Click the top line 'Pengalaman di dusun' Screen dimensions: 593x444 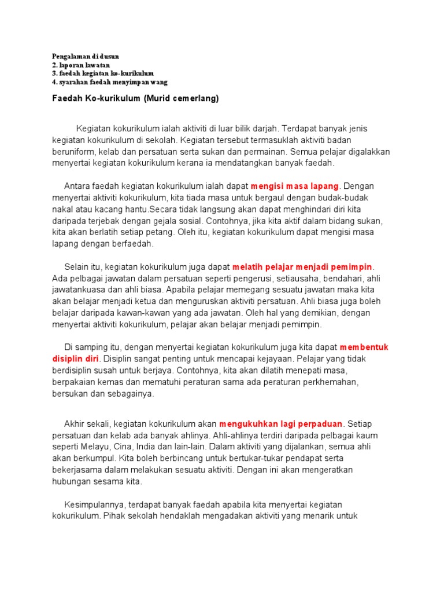86,56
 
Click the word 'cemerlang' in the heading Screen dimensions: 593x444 196,98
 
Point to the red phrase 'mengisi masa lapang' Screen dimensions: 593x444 295,186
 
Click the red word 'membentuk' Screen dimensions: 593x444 364,347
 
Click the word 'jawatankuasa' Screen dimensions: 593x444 79,290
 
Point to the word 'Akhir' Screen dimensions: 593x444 75,424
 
